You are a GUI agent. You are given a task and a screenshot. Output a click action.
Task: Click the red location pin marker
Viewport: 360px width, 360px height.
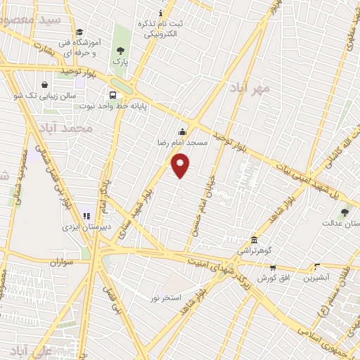(181, 166)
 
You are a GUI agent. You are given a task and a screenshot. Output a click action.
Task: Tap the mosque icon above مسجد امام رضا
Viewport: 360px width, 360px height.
(183, 131)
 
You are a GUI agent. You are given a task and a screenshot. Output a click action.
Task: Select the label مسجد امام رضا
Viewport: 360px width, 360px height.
(182, 143)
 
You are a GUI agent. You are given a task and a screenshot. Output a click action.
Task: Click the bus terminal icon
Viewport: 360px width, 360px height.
(112, 95)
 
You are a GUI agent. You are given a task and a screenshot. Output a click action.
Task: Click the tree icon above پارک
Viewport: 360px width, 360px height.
(121, 51)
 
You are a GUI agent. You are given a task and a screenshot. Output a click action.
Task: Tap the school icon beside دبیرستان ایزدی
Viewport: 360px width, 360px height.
(87, 216)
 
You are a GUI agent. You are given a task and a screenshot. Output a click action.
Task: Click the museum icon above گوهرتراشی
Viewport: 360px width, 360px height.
(254, 240)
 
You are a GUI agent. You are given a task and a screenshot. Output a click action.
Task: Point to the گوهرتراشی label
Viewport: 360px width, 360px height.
(254, 250)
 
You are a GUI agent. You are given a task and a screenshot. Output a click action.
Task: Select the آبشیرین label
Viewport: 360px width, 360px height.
(316, 278)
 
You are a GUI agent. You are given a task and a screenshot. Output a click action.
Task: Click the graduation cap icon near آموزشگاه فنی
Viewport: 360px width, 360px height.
(79, 32)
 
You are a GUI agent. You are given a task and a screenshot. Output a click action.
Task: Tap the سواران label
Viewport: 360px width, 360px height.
(61, 262)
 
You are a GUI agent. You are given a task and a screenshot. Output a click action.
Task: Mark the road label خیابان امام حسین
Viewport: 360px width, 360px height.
(200, 205)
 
